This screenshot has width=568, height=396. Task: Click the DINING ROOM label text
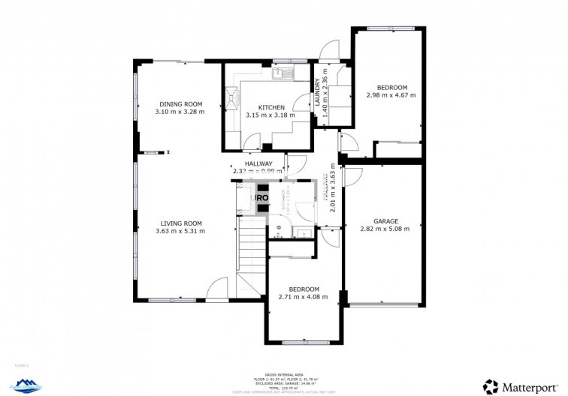pos(180,103)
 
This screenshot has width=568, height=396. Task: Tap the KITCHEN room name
pos(270,107)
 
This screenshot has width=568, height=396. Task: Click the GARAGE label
pos(385,221)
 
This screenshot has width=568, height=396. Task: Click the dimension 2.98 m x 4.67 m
pos(391,95)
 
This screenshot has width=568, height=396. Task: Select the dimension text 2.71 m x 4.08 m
pos(304,297)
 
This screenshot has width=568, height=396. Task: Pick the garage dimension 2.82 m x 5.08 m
pos(385,229)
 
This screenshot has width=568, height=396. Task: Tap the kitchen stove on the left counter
pos(229,98)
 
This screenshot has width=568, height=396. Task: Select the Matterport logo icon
pos(491,385)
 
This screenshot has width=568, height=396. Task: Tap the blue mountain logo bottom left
pos(27,385)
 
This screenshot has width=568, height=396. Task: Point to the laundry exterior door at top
pos(328,49)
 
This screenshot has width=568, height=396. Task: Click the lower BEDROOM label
pos(304,289)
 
